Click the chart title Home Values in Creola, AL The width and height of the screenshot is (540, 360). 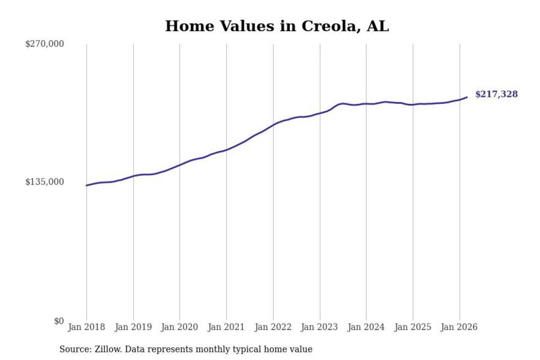tap(277, 26)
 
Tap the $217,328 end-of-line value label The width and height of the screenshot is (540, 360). tap(496, 94)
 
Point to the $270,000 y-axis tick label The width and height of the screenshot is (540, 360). tap(45, 44)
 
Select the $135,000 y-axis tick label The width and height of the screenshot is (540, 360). tap(45, 182)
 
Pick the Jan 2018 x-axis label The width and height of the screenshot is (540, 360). tap(87, 327)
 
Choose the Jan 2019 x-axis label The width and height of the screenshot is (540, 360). tap(133, 327)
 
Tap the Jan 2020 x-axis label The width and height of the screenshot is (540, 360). tap(180, 327)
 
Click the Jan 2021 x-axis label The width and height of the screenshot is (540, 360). tap(227, 327)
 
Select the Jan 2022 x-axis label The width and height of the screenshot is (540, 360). tap(273, 327)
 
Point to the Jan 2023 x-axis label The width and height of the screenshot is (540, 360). tap(320, 327)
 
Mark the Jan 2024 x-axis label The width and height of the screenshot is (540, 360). tap(366, 327)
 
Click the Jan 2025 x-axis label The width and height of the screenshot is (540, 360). tap(413, 327)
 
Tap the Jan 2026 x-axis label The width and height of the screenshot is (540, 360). tap(459, 327)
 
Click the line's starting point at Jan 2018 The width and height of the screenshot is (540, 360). tap(87, 185)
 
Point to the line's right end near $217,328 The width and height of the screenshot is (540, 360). tap(467, 97)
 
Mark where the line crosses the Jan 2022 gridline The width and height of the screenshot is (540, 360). tap(273, 125)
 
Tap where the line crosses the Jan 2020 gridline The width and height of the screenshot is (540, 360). tap(180, 165)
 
